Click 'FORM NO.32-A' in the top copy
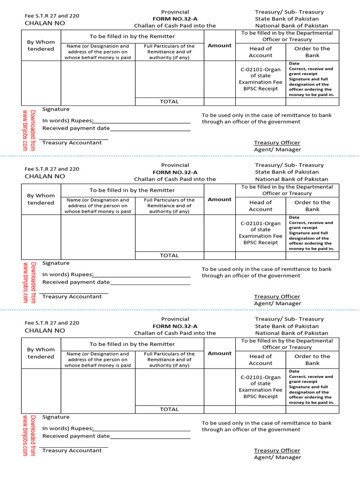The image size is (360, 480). pos(175,19)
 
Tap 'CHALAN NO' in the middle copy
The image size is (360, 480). pos(45,176)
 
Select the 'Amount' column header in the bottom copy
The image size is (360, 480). pos(219,353)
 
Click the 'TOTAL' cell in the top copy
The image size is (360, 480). pos(169,101)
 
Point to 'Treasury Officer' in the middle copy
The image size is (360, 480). pos(277,296)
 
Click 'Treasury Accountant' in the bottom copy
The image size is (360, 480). pos(72,450)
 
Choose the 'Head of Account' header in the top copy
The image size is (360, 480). pos(260,52)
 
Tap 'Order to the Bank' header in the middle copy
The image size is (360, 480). pos(312,206)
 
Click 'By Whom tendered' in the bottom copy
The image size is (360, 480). pos(41,353)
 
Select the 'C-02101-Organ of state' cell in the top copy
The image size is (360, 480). pos(260,73)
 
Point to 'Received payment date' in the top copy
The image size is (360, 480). pos(76,128)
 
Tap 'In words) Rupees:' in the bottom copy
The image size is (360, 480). pos(68,428)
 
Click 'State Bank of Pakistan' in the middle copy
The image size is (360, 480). pos(287,172)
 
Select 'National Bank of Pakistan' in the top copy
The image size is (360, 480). pos(292,26)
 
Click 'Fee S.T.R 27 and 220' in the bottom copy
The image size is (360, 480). pos(52,322)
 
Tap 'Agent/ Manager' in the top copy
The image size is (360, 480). pos(277,150)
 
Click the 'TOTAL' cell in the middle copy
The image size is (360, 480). pos(169,255)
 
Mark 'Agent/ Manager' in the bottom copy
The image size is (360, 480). pos(277,457)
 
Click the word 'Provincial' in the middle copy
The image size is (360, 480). pos(175,165)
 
